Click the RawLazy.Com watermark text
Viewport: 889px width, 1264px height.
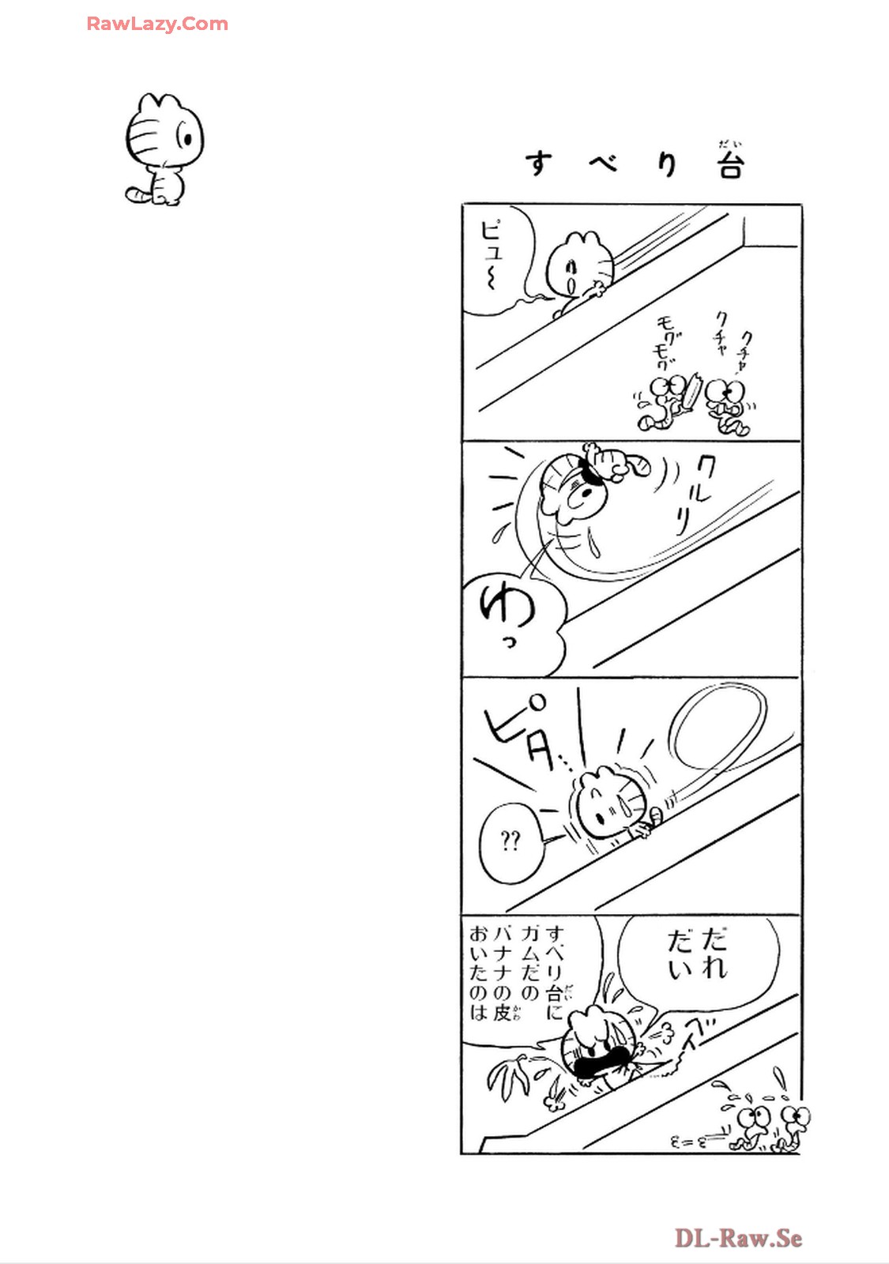157,24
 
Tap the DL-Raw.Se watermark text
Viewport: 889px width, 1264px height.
738,1239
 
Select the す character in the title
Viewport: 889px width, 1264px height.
538,164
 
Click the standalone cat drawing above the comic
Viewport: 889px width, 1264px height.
164,149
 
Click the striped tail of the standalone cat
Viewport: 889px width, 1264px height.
138,194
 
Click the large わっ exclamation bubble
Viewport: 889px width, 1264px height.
513,622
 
